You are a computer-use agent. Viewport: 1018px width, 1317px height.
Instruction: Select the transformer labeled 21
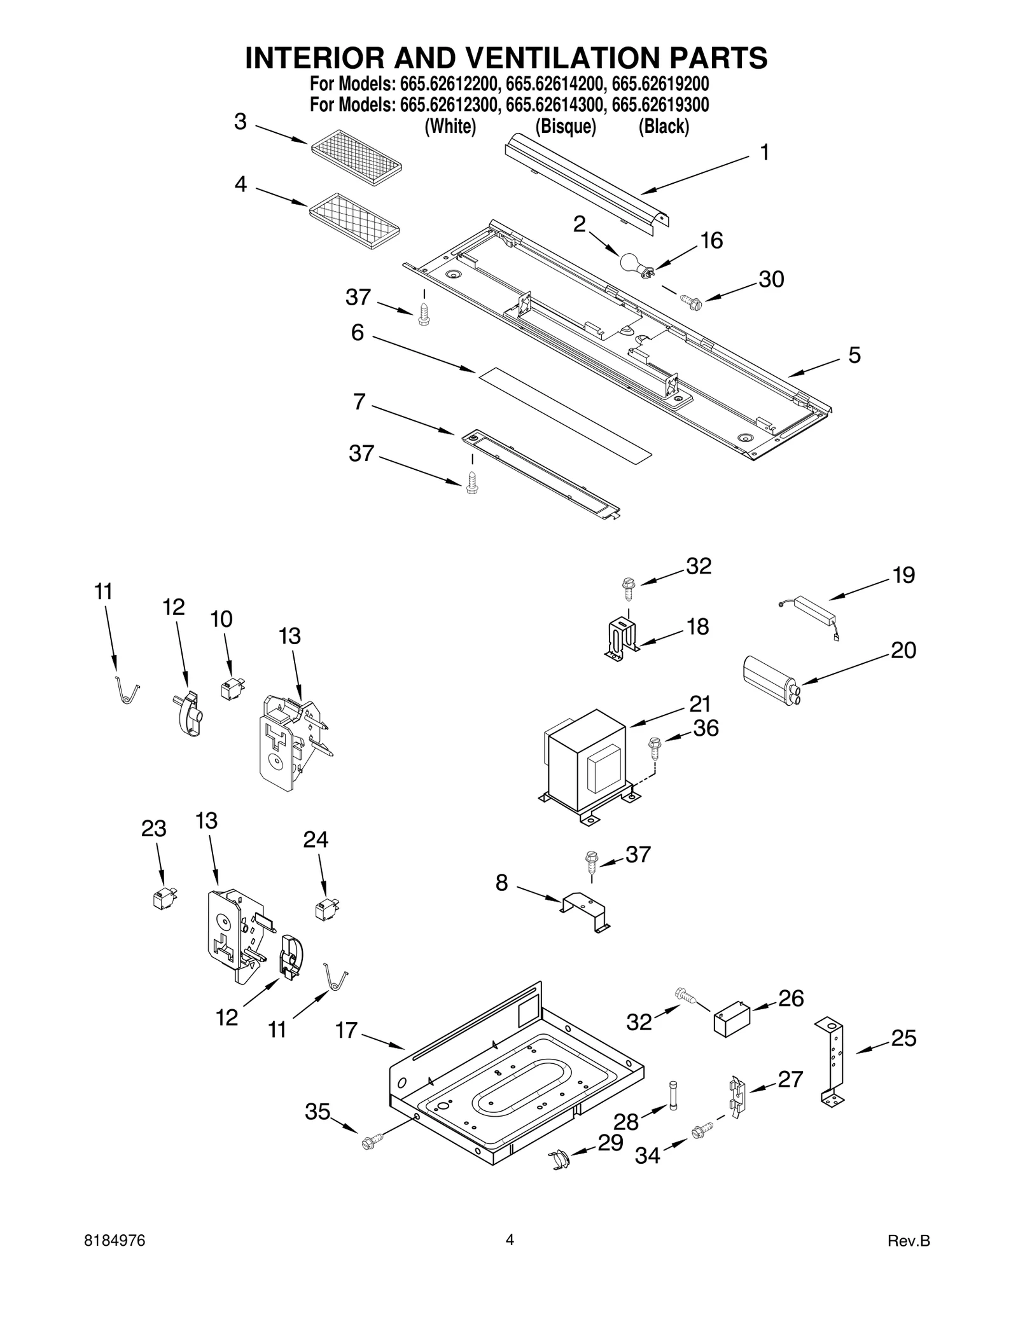point(587,765)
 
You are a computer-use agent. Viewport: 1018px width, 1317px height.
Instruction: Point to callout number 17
point(347,1030)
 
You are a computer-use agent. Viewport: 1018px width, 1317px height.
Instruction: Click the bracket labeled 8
point(583,913)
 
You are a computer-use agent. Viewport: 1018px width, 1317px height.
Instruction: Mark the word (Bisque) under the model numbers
point(565,127)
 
